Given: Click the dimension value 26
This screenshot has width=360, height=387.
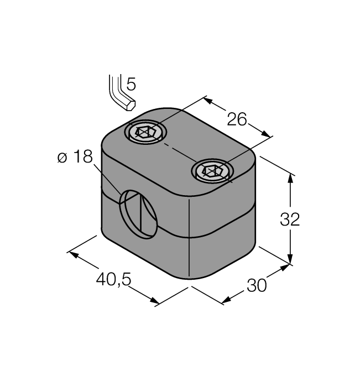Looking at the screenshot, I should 236,119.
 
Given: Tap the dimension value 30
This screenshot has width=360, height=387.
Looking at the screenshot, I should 256,285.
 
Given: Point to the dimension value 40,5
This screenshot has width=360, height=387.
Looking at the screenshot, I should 113,280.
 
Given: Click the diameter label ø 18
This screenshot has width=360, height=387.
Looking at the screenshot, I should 75,158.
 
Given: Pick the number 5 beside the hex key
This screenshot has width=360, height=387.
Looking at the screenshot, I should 131,84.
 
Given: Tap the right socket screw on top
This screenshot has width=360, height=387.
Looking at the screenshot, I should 212,171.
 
